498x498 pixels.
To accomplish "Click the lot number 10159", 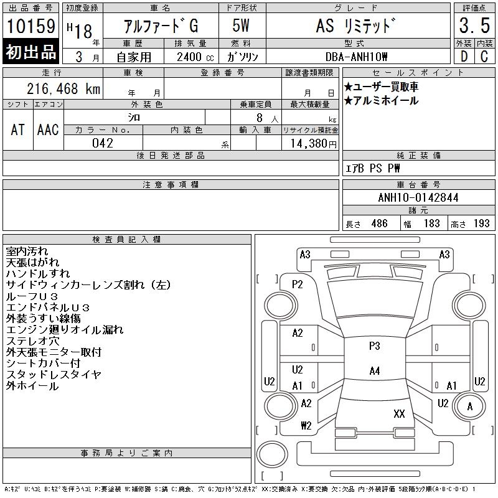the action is (31, 26).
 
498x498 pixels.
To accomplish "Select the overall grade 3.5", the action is (474, 26).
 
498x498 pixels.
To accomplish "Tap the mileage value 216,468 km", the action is (63, 88).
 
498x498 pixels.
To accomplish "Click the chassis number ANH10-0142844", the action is (418, 197).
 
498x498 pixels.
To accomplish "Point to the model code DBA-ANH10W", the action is (356, 57).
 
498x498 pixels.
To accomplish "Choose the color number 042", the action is (103, 143).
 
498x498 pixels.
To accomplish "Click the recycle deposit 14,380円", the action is (314, 144).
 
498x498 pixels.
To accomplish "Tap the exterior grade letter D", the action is (464, 57).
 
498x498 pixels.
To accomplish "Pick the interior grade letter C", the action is (484, 57).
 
